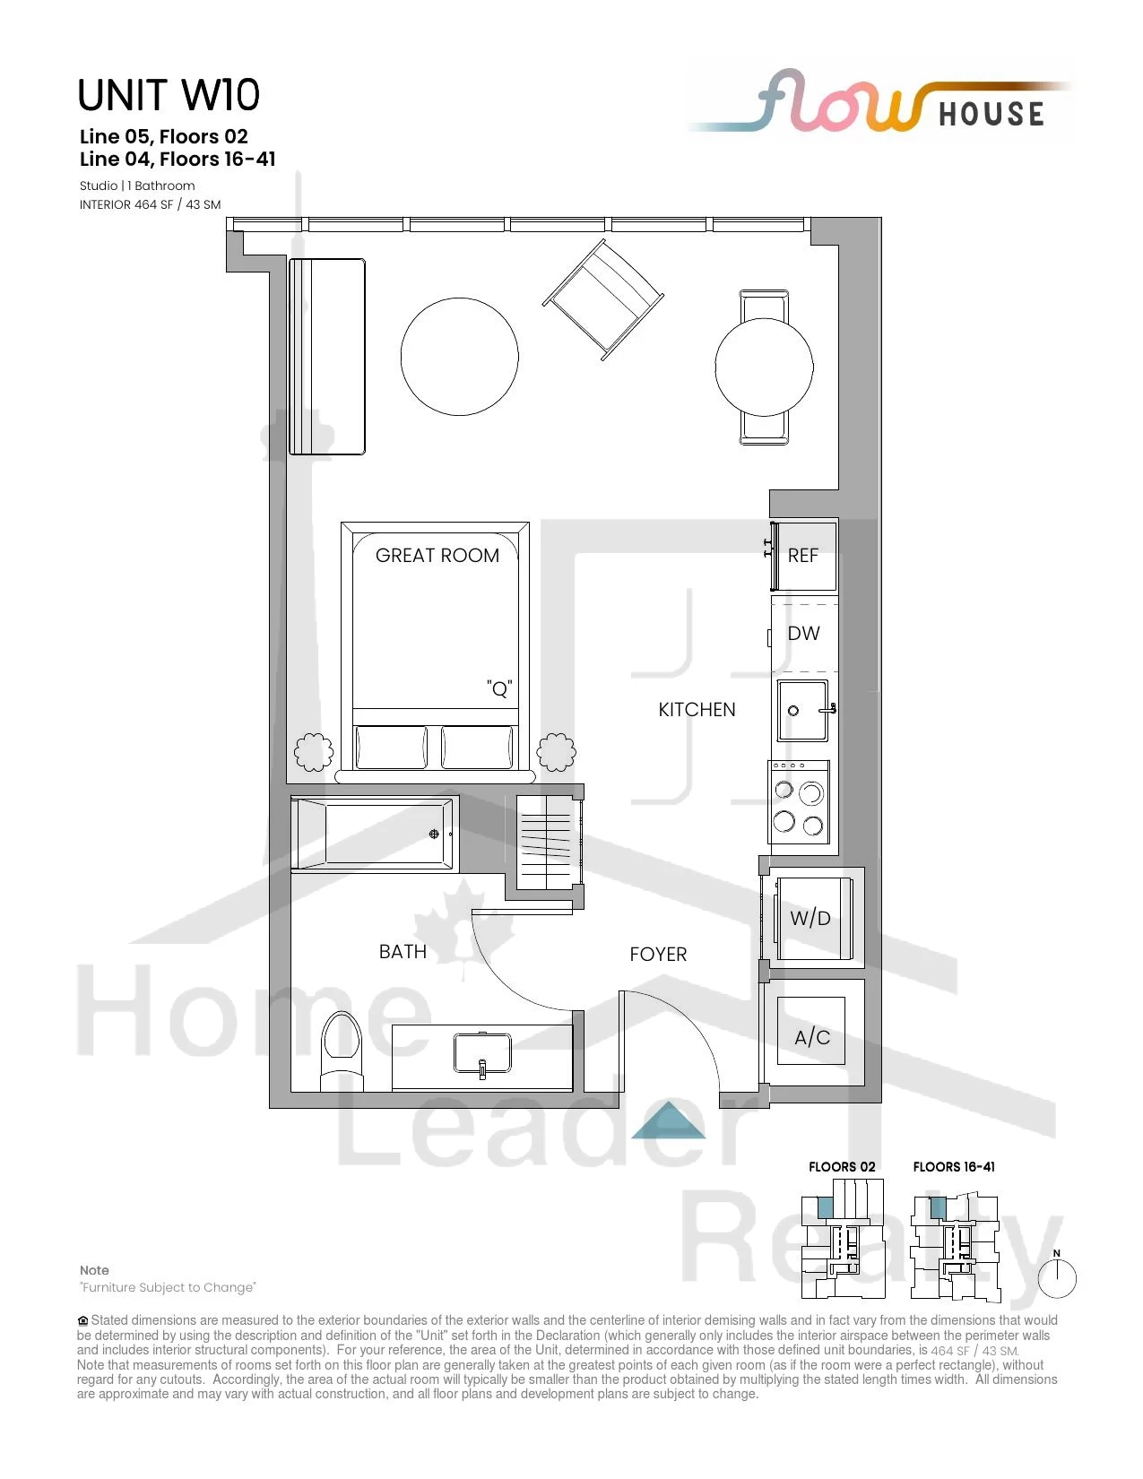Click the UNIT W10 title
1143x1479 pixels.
click(x=169, y=95)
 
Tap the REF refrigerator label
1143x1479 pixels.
click(x=802, y=556)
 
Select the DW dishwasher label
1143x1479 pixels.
click(x=803, y=633)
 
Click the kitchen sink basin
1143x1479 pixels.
click(x=803, y=710)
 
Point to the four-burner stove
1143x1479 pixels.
click(x=800, y=808)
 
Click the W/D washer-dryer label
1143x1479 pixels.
click(x=810, y=918)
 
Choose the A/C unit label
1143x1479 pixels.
click(x=812, y=1037)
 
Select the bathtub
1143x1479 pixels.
click(x=375, y=833)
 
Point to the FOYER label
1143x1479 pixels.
click(x=658, y=955)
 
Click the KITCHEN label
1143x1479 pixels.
click(x=697, y=710)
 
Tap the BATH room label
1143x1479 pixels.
click(x=403, y=952)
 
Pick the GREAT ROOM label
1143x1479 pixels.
click(x=437, y=556)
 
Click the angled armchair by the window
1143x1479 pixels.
click(x=603, y=299)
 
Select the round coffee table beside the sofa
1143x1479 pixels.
click(x=460, y=356)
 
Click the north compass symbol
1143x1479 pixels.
click(x=1057, y=1277)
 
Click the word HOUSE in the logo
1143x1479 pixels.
click(x=991, y=114)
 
